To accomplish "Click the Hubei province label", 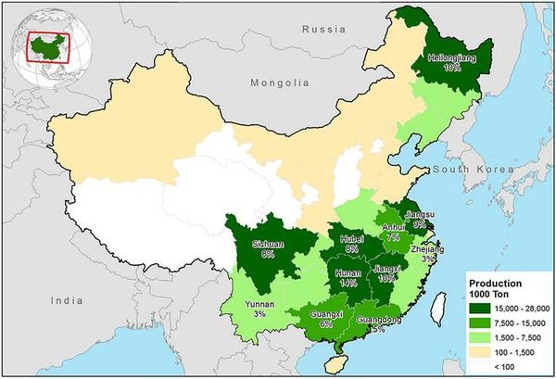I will coord(351,243).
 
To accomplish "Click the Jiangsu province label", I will coord(419,218).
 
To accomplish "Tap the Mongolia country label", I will coord(279,82).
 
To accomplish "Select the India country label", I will coord(67,300).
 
